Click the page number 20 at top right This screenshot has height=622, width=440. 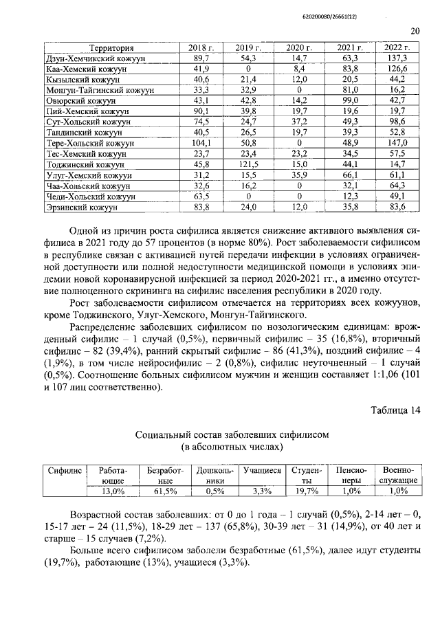415,30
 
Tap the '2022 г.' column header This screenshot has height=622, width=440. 397,48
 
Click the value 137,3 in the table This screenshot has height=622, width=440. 397,58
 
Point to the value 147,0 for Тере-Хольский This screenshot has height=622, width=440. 397,143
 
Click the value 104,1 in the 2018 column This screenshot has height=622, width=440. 201,143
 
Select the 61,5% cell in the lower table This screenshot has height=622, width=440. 162,491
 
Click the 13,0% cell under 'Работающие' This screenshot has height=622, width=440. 113,491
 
